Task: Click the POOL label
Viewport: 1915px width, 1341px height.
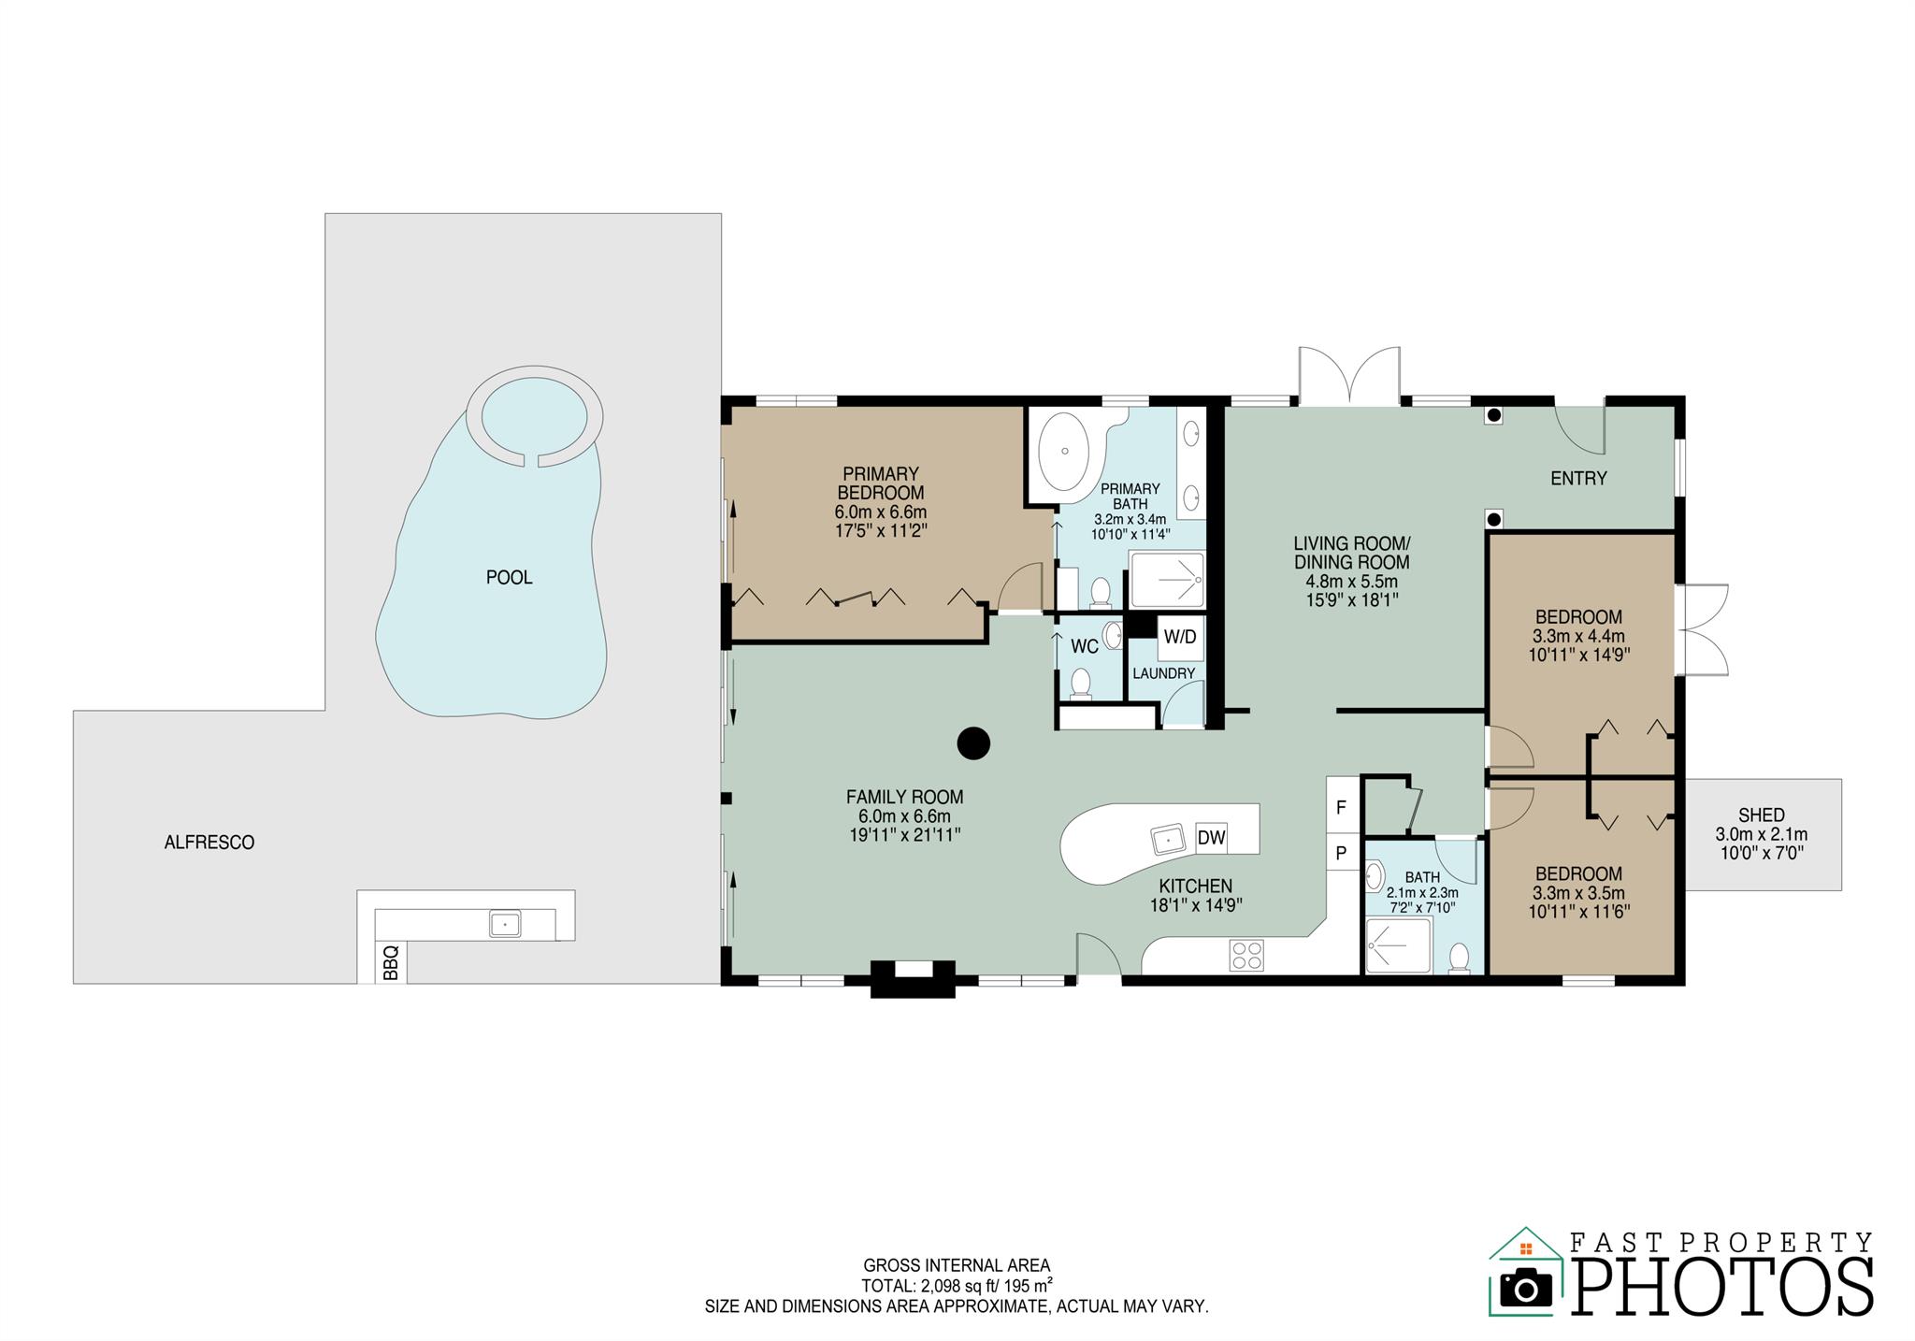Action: point(509,578)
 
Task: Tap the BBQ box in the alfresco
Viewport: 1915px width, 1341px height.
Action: point(391,962)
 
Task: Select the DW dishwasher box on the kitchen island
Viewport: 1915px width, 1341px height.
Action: point(1211,838)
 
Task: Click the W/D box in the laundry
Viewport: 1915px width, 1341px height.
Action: point(1179,637)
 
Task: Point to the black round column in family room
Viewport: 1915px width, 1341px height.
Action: point(973,743)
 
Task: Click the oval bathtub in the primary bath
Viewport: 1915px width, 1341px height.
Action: point(1064,451)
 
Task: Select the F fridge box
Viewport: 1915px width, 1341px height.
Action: point(1341,808)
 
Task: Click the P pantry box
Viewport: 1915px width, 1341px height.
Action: point(1341,852)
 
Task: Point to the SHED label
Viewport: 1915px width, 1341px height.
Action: point(1762,815)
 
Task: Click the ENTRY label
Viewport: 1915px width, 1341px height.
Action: point(1578,479)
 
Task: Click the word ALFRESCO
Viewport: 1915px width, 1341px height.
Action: point(209,843)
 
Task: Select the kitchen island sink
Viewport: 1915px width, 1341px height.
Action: point(1169,840)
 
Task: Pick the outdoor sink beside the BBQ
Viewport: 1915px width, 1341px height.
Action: point(505,924)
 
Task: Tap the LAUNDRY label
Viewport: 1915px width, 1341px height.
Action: point(1163,673)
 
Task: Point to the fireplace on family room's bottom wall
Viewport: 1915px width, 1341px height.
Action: point(913,977)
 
